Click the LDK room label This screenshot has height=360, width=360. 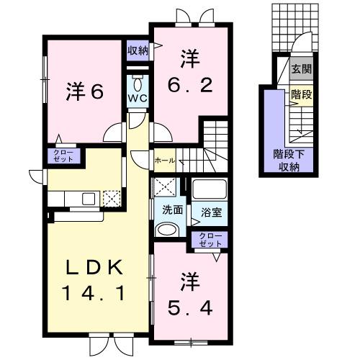coord(91,267)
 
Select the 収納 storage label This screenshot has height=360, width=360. coord(138,50)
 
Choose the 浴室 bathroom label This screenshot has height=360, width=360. coord(211,213)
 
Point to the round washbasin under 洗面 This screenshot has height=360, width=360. coord(167,230)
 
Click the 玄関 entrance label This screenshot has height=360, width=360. coord(301,70)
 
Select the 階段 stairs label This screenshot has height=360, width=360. coord(301,94)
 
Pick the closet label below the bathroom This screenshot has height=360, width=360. coord(210,240)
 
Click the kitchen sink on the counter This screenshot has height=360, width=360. coord(89,199)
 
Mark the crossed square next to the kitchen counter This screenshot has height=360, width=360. coord(111,199)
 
